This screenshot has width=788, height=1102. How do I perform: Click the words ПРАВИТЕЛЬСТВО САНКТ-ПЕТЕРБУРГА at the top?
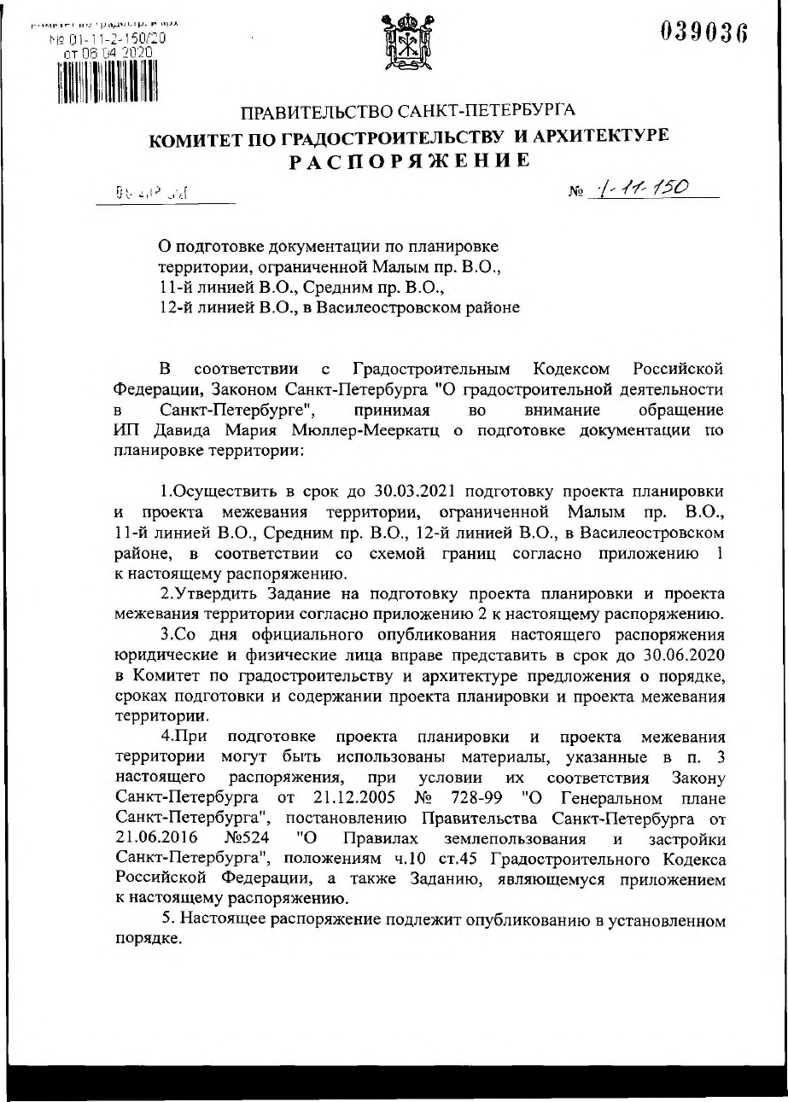409,112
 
